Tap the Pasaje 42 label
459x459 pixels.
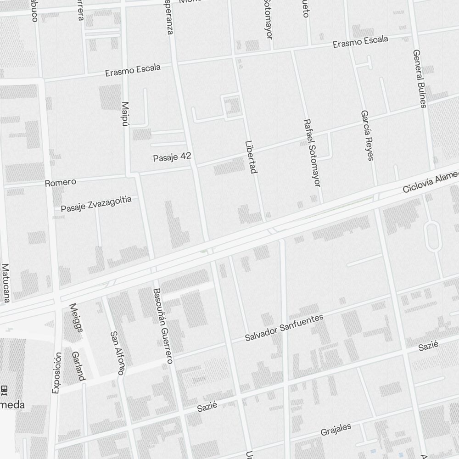pos(172,157)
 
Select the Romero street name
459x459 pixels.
pos(60,183)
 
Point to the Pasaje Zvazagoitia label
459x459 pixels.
pos(96,204)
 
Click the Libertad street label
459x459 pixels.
pos(250,157)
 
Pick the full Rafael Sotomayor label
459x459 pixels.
pos(311,153)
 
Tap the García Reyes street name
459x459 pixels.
pos(367,135)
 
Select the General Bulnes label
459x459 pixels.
pos(420,78)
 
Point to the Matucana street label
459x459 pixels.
pos(6,283)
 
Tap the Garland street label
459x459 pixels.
pos(78,366)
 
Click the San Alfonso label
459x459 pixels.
pos(118,353)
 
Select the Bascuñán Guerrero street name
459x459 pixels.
pos(163,326)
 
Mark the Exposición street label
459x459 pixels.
pos(56,373)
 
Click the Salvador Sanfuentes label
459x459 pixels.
pos(284,328)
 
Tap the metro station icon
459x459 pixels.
pos(4,390)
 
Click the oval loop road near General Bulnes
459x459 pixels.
pos(432,236)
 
